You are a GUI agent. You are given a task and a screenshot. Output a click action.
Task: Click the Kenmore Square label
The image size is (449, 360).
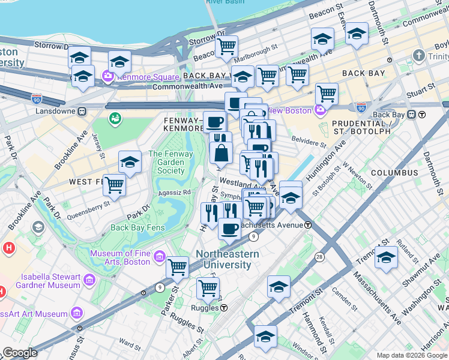tap(149, 77)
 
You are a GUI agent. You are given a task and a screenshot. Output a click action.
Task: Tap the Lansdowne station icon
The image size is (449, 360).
tap(83, 111)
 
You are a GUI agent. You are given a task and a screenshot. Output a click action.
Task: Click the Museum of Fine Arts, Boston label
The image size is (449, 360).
tap(119, 257)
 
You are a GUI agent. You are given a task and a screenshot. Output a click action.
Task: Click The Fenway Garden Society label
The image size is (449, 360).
tap(166, 162)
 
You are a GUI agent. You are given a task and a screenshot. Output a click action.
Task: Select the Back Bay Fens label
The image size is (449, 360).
tap(136, 227)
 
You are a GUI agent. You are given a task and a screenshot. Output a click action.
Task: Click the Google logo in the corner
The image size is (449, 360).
tap(20, 353)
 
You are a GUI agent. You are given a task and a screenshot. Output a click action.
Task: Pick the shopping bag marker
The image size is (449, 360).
tap(221, 153)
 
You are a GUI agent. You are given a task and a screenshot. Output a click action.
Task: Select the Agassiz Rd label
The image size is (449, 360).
tap(174, 192)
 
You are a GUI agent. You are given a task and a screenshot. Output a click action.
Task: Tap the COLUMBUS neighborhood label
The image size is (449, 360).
tap(394, 172)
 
